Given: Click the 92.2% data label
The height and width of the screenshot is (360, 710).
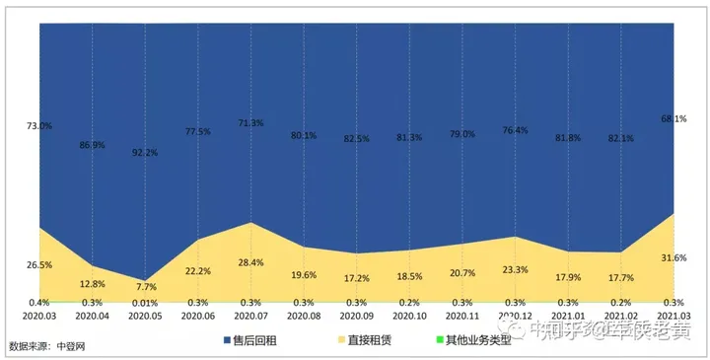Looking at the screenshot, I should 145,153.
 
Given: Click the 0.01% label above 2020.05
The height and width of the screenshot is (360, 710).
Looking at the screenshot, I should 145,303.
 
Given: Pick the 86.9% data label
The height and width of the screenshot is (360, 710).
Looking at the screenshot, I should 92,145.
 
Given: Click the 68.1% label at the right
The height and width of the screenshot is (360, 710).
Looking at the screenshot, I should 674,119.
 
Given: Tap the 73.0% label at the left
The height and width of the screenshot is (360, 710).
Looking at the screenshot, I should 39,126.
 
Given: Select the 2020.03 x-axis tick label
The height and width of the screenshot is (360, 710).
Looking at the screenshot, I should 39,316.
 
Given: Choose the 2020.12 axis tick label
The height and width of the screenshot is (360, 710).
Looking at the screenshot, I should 516,316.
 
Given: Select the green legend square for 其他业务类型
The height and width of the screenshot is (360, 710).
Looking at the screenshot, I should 441,341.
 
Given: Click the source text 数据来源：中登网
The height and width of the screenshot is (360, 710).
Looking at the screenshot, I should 48,346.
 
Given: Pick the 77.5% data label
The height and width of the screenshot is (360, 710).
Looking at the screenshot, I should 198,131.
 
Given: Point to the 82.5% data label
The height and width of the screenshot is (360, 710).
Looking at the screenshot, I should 357,139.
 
